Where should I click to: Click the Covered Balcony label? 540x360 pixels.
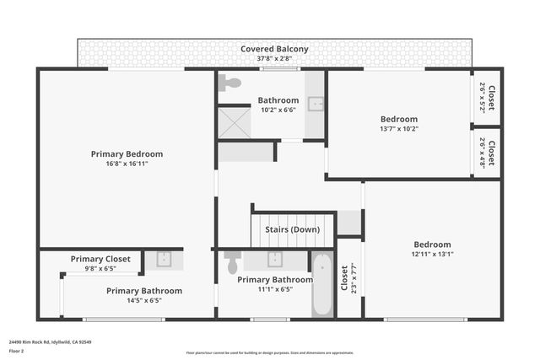pos(274,49)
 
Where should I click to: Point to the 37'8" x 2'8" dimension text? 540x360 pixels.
pos(274,59)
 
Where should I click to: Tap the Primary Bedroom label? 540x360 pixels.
pos(127,154)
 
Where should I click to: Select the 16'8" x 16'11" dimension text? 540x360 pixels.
pos(127,164)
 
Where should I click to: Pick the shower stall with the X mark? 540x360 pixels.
pos(235,122)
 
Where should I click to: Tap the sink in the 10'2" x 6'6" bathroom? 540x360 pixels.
pos(315,104)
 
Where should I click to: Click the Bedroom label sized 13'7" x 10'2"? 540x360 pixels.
pos(398,119)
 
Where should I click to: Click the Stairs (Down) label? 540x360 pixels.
pos(293,229)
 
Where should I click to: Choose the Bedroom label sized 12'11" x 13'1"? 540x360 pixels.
pos(431,244)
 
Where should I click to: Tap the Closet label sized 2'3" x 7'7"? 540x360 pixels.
pos(344,279)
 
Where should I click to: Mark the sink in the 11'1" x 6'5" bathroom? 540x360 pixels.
pos(275,259)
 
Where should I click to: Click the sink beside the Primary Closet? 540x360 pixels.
pos(164,260)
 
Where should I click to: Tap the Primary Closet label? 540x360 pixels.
pos(100,259)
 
